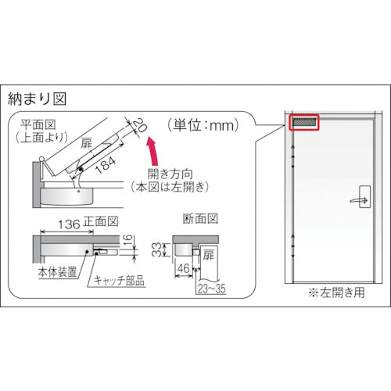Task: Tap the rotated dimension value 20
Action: pyautogui.click(x=138, y=125)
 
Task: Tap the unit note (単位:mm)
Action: pyautogui.click(x=200, y=123)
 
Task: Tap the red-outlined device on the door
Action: pyautogui.click(x=303, y=124)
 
